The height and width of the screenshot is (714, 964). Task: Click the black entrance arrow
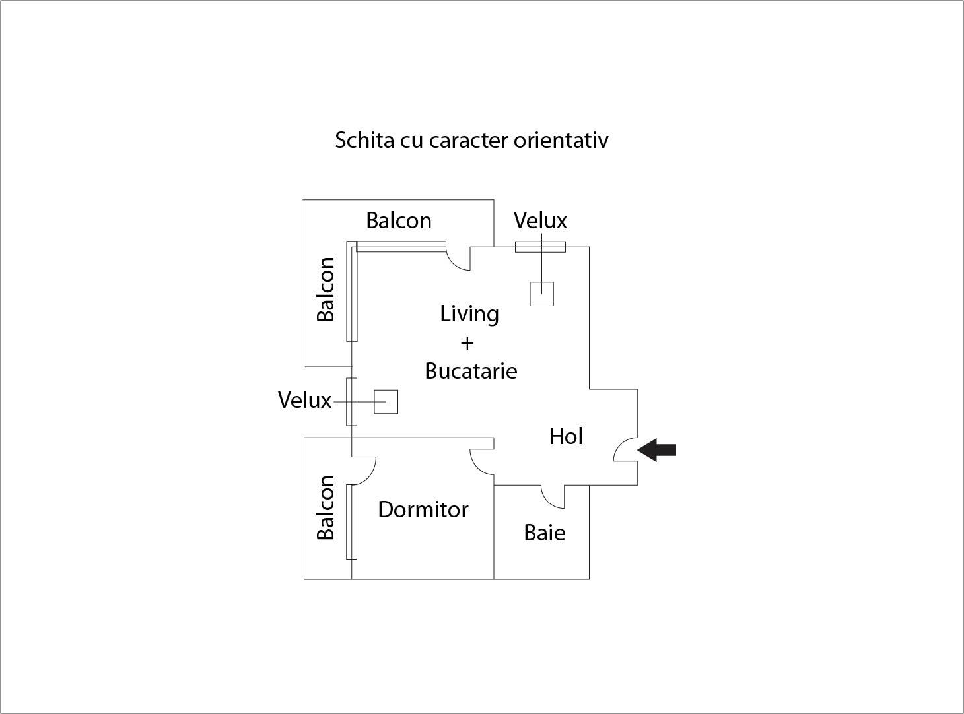click(x=657, y=450)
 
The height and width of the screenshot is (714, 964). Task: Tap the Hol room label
click(x=566, y=436)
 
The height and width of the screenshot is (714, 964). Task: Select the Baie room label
click(x=545, y=533)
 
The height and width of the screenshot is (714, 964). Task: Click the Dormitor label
click(x=423, y=509)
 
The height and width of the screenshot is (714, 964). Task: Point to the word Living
click(x=469, y=314)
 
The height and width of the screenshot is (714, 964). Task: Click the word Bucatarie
click(x=471, y=371)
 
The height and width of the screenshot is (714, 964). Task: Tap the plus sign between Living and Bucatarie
click(x=467, y=343)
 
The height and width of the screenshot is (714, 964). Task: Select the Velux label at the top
click(x=540, y=221)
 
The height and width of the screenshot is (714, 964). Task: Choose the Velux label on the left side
click(x=304, y=400)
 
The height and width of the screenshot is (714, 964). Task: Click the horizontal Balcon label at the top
click(x=399, y=221)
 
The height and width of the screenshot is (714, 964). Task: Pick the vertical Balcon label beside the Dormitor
click(x=326, y=507)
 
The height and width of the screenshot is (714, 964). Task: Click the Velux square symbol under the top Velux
click(x=541, y=294)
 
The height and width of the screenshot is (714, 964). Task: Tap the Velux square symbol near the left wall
click(x=386, y=402)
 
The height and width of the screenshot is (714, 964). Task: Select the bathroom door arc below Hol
click(x=549, y=502)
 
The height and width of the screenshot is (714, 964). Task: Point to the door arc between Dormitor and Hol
click(x=477, y=467)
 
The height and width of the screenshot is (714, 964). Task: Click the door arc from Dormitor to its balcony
click(x=369, y=476)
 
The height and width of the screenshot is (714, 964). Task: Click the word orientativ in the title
click(x=561, y=141)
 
